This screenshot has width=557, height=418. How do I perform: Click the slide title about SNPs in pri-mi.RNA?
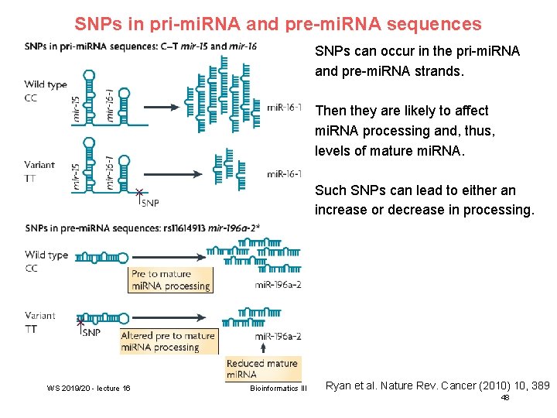point(278,24)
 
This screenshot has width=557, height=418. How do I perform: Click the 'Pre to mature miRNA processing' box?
point(170,279)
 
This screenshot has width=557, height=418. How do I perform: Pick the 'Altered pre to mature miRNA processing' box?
point(168,341)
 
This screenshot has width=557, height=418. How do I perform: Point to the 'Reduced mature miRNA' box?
point(261,368)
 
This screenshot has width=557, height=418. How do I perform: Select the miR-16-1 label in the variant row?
point(284,174)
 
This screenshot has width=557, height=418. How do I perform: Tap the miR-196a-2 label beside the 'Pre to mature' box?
point(278,286)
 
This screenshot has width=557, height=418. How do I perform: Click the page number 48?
point(505,397)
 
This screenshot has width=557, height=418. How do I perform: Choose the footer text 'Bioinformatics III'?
point(278,388)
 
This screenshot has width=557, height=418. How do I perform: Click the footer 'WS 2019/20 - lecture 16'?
point(88,388)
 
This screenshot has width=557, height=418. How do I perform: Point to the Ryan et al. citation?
point(437,385)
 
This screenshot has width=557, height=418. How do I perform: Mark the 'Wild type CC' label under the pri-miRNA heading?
point(46,91)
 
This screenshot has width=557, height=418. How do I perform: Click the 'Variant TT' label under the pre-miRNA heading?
point(39,322)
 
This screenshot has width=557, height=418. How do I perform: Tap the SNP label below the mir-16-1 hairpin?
point(150,202)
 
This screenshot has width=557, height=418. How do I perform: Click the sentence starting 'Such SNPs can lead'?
point(424,200)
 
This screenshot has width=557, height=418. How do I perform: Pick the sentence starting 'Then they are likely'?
point(405,131)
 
